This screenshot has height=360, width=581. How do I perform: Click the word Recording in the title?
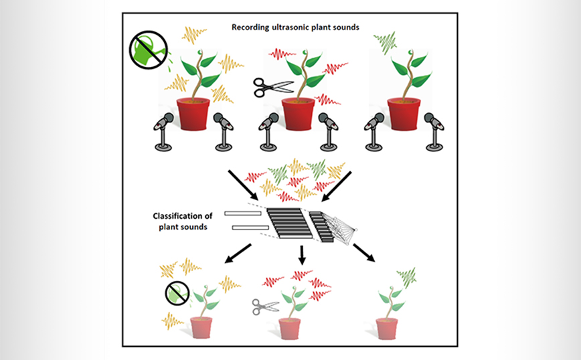(x=251, y=27)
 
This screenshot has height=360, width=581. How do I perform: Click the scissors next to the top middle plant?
(x=273, y=85)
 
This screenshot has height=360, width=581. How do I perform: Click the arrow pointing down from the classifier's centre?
(x=302, y=255)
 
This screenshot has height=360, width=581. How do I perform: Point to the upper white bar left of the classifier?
(x=243, y=214)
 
